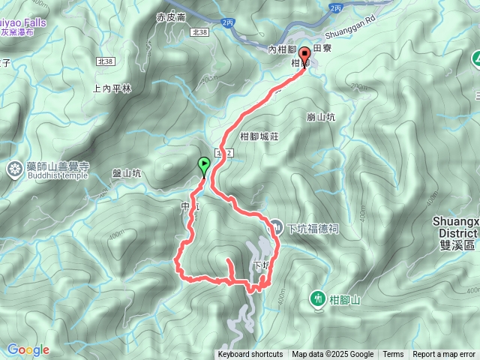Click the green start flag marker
click(x=203, y=164)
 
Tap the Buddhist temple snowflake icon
click(x=14, y=169)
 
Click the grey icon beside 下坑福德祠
click(x=276, y=226)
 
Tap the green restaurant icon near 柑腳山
click(x=318, y=279)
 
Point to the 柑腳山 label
click(x=345, y=280)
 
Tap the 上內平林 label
click(x=112, y=88)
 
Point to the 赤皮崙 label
click(x=170, y=16)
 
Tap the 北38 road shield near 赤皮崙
click(x=199, y=32)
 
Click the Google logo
click(x=28, y=349)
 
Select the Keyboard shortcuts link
click(x=250, y=355)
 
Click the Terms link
click(x=393, y=355)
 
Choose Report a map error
click(x=445, y=355)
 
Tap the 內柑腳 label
click(x=284, y=49)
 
